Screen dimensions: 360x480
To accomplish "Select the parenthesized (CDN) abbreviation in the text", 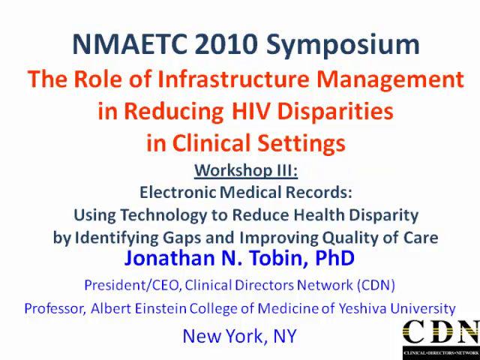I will pos(376,285).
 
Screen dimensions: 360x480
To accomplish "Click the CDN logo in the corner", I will pos(441,336).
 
